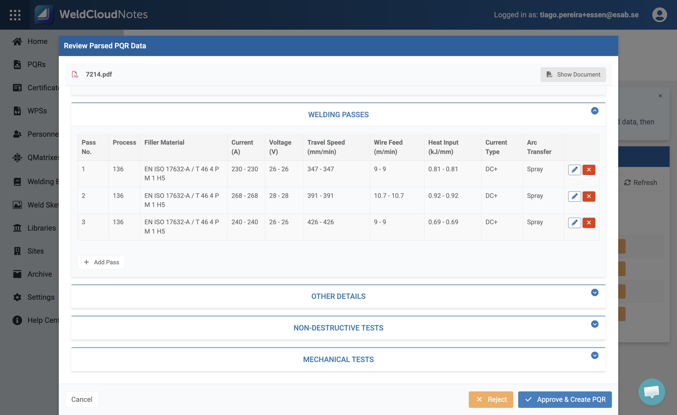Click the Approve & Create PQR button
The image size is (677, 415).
point(565,399)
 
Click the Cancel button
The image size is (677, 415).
point(82,399)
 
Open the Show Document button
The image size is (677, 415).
point(573,75)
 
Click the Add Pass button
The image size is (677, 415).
point(101,262)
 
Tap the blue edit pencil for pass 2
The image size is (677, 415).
point(574,196)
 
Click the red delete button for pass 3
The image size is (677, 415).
point(589,223)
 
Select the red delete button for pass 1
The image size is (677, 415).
point(589,170)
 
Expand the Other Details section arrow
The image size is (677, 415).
point(595,293)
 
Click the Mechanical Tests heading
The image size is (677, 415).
point(338,359)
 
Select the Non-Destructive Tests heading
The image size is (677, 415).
point(338,328)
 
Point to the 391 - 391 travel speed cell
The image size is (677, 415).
point(320,196)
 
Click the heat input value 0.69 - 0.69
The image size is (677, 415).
point(443,222)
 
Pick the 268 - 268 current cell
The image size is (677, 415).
point(245,196)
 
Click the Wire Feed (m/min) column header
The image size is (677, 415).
point(388,147)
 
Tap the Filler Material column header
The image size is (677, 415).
point(164,142)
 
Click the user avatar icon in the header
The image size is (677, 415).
point(659,15)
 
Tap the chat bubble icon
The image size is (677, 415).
point(652,392)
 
